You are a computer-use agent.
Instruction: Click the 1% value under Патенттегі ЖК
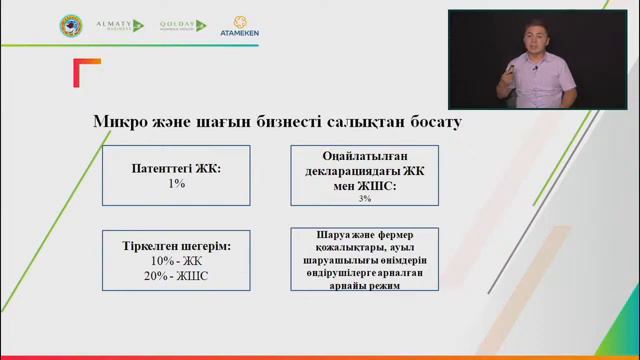click(x=176, y=185)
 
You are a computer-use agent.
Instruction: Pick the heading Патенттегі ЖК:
click(x=176, y=170)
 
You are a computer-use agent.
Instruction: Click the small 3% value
click(x=365, y=199)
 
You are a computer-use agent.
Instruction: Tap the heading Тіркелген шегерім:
click(x=176, y=246)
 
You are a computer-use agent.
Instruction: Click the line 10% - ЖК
click(x=176, y=261)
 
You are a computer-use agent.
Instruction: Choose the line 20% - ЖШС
click(x=176, y=275)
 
